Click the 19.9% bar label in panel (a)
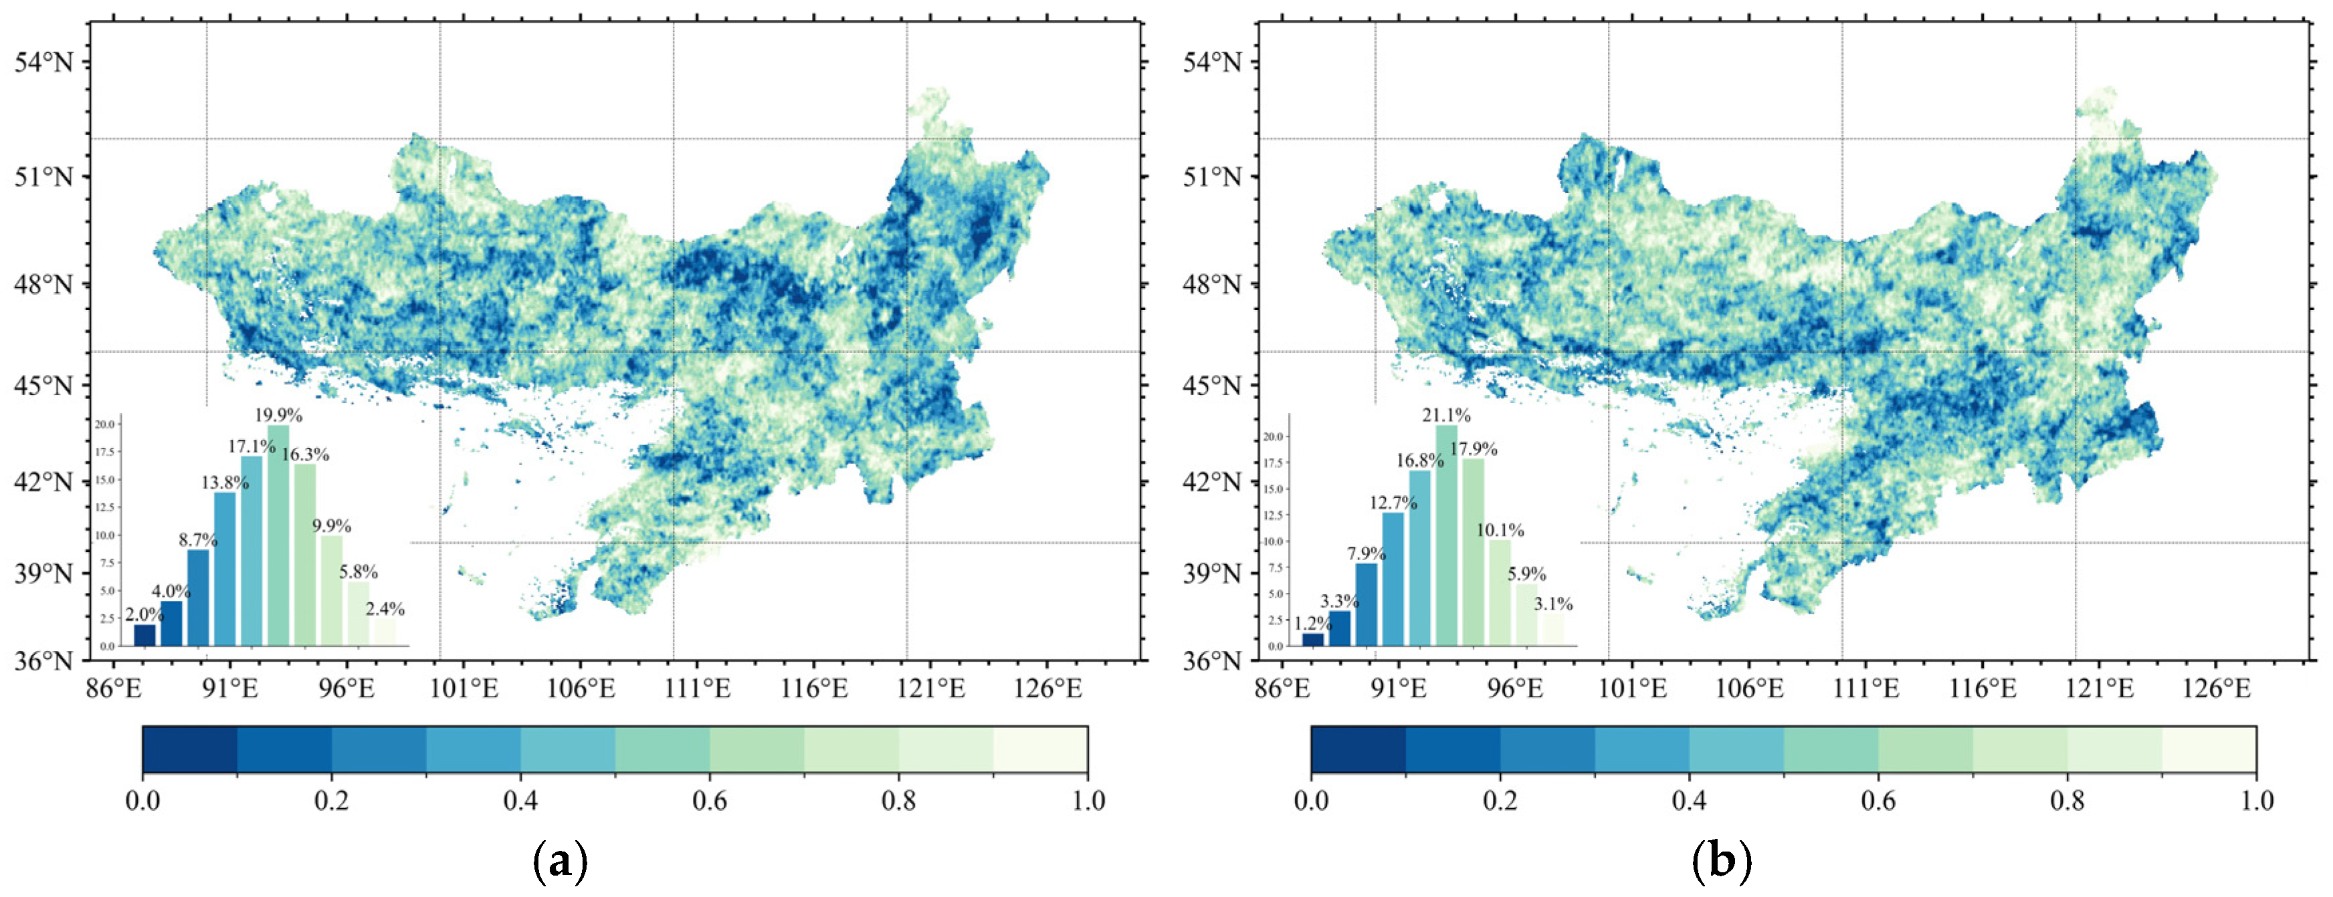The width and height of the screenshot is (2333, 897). pyautogui.click(x=278, y=416)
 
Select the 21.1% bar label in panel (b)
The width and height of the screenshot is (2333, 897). pyautogui.click(x=1446, y=416)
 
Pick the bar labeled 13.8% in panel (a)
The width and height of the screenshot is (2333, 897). pyautogui.click(x=225, y=569)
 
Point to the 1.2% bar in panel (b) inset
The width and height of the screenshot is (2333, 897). pyautogui.click(x=1313, y=639)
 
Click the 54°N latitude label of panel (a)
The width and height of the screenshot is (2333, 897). pyautogui.click(x=43, y=62)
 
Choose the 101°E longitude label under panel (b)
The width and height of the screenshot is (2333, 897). pyautogui.click(x=1635, y=689)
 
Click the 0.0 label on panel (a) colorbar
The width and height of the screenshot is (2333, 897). pyautogui.click(x=143, y=801)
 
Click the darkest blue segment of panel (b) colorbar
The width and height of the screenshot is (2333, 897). pyautogui.click(x=1358, y=749)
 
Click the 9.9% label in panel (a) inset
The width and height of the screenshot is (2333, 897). pyautogui.click(x=332, y=526)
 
